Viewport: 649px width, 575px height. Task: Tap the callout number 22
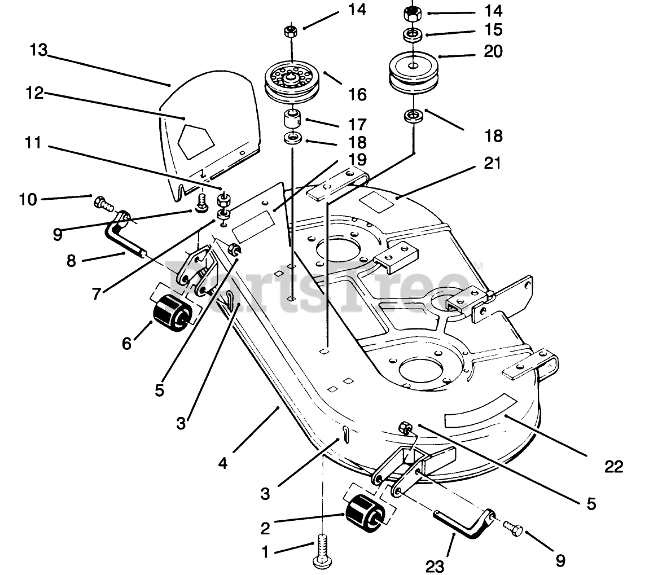[x=613, y=467]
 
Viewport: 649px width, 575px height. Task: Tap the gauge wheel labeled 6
[x=170, y=313]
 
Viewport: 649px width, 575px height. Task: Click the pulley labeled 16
[x=292, y=82]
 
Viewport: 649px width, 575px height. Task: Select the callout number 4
[x=223, y=463]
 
